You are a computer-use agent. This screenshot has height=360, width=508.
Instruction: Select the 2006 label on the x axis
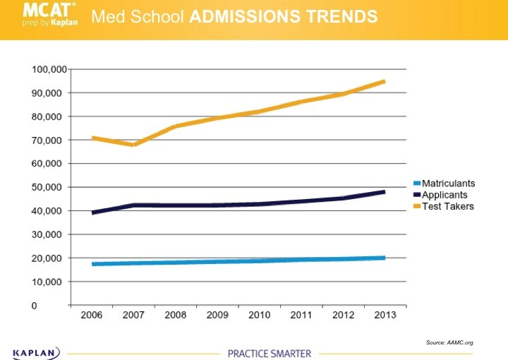coord(91,315)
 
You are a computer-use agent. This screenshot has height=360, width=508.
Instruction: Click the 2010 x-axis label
coord(259,315)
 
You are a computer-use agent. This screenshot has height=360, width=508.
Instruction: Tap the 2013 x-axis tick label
coord(384,315)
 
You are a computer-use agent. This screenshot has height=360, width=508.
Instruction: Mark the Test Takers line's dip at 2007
coord(133,145)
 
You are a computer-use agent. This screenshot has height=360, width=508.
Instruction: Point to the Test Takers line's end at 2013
coord(384,81)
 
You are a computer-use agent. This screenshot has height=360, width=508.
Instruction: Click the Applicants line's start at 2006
coord(92,212)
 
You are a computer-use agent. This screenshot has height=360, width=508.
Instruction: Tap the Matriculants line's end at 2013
coord(384,258)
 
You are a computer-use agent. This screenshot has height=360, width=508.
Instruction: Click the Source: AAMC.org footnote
coord(449,342)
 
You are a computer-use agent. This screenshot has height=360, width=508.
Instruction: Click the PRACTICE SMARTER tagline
coord(269,353)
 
